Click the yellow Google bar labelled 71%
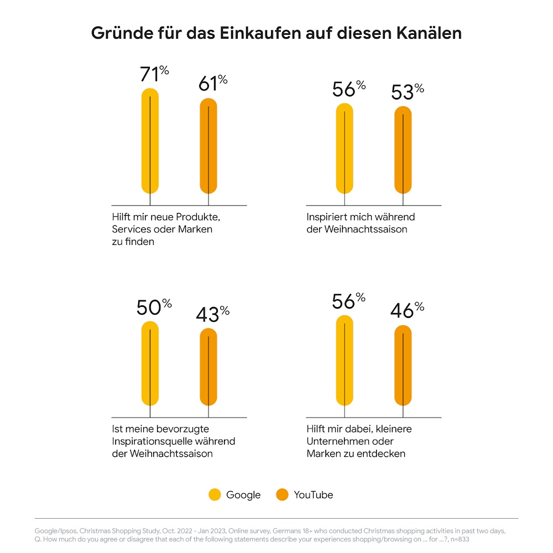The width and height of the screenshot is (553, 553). coord(150,141)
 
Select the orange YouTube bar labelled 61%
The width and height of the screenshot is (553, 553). coord(208,147)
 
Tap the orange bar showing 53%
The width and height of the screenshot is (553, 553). coord(403,150)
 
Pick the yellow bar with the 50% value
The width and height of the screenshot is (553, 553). coord(150,363)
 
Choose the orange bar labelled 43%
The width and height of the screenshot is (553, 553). coord(208,367)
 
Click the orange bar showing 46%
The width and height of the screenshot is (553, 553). coord(403,366)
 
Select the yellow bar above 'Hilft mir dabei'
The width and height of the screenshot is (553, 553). coord(345,361)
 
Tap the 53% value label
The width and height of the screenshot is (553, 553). coord(407,92)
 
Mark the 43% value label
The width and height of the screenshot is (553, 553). coord(212,314)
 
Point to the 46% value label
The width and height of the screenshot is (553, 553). coord(407,310)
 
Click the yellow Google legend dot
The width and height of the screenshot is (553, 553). coord(215,495)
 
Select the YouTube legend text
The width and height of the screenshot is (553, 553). coord(313,495)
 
